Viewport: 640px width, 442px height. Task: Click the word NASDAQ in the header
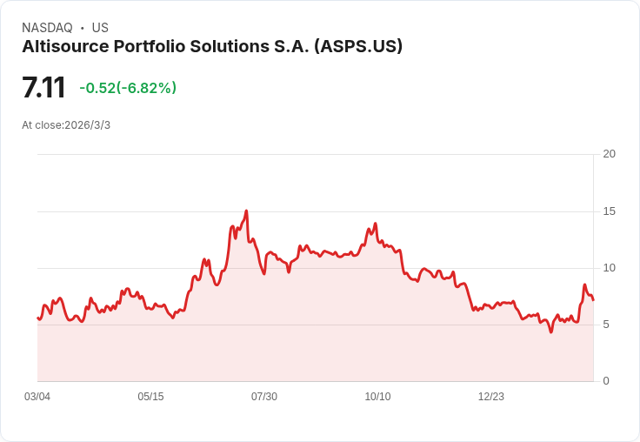click(47, 28)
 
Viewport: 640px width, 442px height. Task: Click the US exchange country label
click(100, 28)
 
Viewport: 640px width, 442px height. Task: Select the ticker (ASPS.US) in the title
click(358, 47)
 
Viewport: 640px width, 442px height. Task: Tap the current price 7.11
click(43, 88)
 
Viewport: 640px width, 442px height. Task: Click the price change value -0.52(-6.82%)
click(128, 88)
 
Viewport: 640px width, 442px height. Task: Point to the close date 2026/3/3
click(87, 125)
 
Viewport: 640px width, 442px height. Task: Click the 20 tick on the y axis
click(609, 154)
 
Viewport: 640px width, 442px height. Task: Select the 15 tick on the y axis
click(609, 211)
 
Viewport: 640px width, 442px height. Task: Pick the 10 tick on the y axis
click(609, 268)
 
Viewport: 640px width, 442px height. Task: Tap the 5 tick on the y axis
click(606, 325)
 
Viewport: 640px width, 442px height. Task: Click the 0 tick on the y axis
click(606, 381)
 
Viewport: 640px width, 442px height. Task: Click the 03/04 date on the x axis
click(37, 397)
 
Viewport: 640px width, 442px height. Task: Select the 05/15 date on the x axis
click(150, 397)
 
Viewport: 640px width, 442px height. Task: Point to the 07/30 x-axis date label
click(264, 397)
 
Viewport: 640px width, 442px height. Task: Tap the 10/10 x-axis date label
click(377, 397)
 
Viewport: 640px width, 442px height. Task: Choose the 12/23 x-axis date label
click(491, 397)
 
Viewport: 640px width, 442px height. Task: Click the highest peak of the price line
click(247, 211)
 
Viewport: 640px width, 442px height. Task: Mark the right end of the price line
click(593, 300)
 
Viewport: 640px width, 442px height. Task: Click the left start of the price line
click(37, 318)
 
